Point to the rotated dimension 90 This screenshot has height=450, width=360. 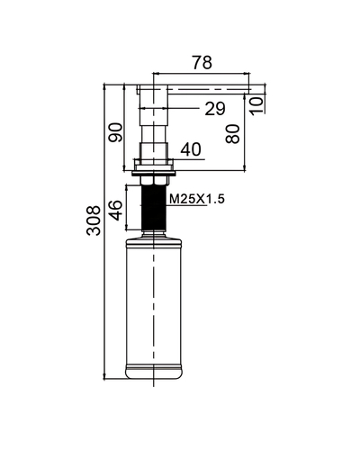pyautogui.click(x=114, y=132)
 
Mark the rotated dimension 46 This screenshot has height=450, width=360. pyautogui.click(x=114, y=211)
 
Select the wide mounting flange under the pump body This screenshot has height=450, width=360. pyautogui.click(x=157, y=166)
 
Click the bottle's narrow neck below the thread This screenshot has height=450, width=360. pyautogui.click(x=157, y=231)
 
